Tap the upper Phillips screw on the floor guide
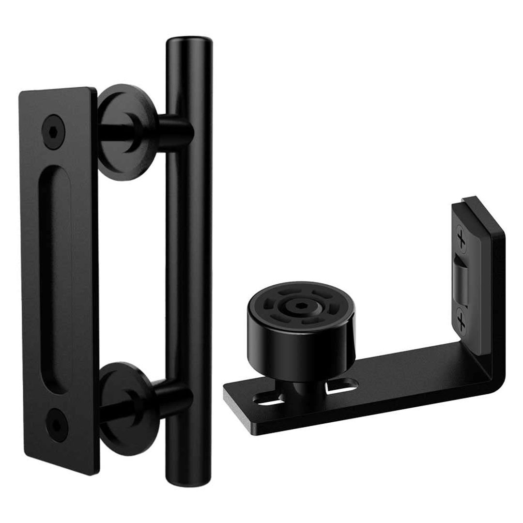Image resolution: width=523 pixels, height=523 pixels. [462, 239]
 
